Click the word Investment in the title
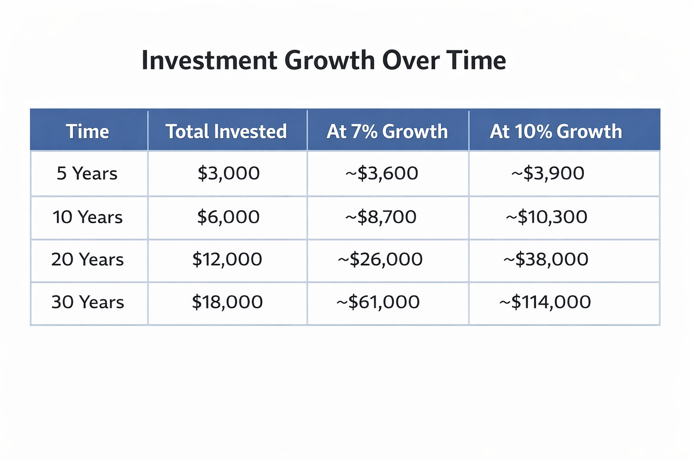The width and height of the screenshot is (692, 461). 209,60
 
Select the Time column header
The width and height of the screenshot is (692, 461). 87,131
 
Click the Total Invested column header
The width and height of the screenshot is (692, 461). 226,131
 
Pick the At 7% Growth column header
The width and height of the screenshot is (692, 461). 387,131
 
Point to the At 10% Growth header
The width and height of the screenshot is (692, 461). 556,131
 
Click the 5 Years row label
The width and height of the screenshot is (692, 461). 87,173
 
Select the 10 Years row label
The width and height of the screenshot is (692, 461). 87,217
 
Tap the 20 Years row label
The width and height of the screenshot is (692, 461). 87,259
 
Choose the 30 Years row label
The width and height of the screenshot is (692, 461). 88,302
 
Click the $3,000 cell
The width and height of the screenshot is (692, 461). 228,173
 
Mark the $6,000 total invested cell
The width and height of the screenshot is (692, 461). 228,217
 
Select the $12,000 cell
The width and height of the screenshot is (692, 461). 227,259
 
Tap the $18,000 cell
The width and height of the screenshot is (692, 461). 227,302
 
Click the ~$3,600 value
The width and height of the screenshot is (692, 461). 382,173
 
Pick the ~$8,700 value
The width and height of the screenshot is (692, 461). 381,217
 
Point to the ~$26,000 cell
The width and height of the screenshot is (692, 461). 380,259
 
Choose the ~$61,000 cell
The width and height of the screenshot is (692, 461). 378,302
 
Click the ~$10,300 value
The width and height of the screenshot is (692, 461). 546,217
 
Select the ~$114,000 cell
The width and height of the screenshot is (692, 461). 545,302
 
